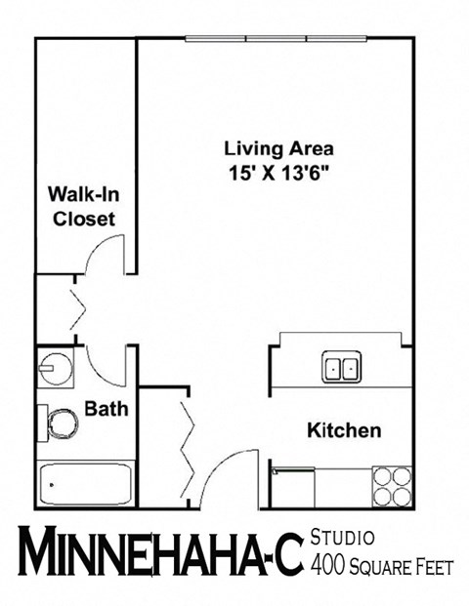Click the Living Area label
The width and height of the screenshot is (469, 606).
pos(278,149)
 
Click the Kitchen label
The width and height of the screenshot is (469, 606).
pos(344,429)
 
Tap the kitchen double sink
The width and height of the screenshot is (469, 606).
pos(341,368)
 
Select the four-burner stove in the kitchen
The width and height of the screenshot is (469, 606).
pos(391,485)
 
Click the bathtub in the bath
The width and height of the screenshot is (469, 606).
pos(85,483)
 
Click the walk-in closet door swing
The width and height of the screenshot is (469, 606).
pos(104,258)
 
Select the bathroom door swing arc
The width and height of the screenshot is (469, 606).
pos(106,367)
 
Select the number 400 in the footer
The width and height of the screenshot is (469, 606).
pos(328,564)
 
